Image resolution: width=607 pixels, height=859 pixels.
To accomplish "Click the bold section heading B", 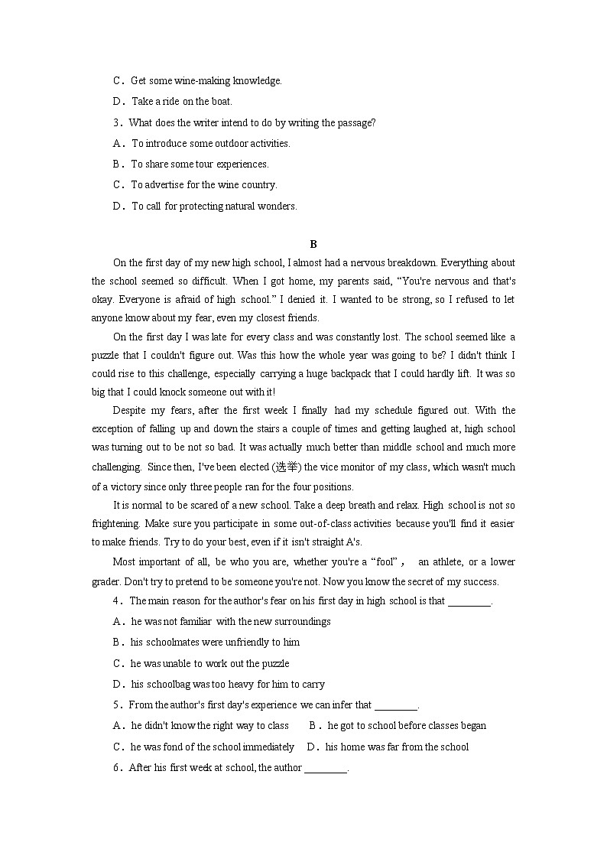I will click(x=313, y=244).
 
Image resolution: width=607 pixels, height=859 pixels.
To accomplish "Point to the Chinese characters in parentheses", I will click(x=287, y=467).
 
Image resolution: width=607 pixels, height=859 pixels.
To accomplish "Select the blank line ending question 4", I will click(x=468, y=601).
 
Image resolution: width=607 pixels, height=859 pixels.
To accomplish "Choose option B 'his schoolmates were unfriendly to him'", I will click(x=215, y=643).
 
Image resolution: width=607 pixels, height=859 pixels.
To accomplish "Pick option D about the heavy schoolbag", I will click(x=228, y=685).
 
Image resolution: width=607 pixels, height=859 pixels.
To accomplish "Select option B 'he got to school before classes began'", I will click(x=406, y=726).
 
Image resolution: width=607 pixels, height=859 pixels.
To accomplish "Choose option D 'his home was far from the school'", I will click(x=397, y=747).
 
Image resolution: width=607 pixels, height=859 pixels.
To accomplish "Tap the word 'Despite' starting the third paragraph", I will click(x=129, y=410).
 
